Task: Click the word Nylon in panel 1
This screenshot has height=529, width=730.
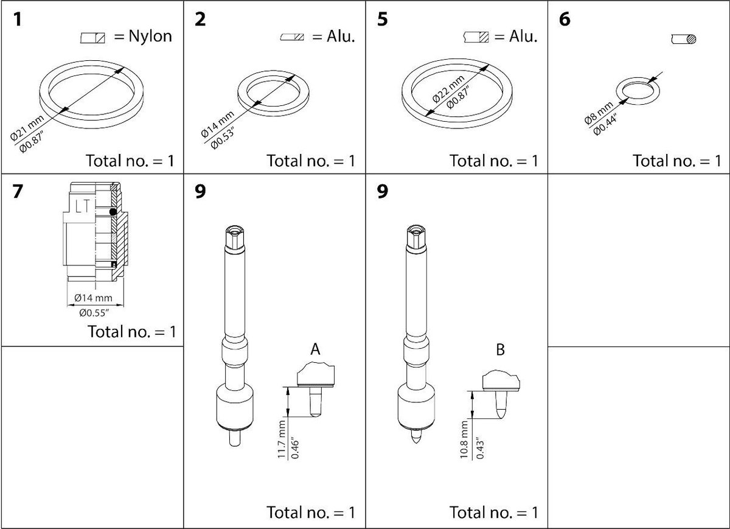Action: pyautogui.click(x=150, y=36)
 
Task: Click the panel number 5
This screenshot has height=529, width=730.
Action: pyautogui.click(x=382, y=19)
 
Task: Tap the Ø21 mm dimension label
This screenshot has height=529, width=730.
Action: pyautogui.click(x=27, y=127)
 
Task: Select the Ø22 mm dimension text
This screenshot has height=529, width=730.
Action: pyautogui.click(x=448, y=89)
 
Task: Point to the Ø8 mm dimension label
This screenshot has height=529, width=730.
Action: pyautogui.click(x=599, y=113)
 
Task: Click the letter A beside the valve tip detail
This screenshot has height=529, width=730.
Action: pyautogui.click(x=315, y=349)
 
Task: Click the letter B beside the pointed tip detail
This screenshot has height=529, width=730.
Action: pyautogui.click(x=500, y=349)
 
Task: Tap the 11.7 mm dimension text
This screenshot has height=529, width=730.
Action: pyautogui.click(x=282, y=439)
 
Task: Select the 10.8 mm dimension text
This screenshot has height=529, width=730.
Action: pyautogui.click(x=464, y=440)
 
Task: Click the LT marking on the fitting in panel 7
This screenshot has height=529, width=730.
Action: pyautogui.click(x=83, y=206)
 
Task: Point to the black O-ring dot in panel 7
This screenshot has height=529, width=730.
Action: pyautogui.click(x=113, y=212)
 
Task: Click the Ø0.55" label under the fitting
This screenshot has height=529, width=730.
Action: pyautogui.click(x=94, y=313)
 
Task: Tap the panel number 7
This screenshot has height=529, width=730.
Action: pyautogui.click(x=18, y=191)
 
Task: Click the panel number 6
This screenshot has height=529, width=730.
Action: pyautogui.click(x=565, y=19)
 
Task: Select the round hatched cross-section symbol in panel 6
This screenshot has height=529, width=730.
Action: pyautogui.click(x=691, y=39)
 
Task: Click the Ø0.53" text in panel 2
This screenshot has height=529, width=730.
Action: pyautogui.click(x=222, y=138)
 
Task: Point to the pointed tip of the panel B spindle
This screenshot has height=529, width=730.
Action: pyautogui.click(x=416, y=443)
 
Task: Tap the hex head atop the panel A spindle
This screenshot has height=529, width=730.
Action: pyautogui.click(x=235, y=236)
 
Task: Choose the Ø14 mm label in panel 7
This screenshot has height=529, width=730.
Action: pyautogui.click(x=93, y=298)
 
